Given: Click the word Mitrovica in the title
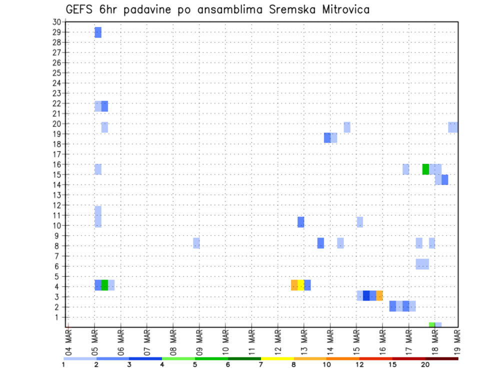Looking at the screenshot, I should [x=338, y=9].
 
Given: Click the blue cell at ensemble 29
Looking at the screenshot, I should [x=98, y=32].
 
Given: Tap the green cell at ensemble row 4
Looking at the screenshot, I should [x=104, y=285].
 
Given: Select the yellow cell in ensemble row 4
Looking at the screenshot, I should [x=300, y=285].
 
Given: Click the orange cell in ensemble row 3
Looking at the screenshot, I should [x=379, y=295].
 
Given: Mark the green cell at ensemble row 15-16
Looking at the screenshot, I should [x=425, y=169].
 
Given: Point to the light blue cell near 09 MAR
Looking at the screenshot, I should [x=196, y=243].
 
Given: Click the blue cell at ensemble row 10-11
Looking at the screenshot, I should [x=300, y=222].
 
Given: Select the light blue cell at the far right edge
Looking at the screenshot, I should [x=453, y=127].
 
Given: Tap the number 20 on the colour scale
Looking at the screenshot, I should [x=425, y=364].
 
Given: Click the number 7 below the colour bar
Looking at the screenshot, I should [x=261, y=364].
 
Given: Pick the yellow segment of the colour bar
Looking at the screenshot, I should [x=277, y=358].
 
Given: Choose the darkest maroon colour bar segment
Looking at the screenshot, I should [x=441, y=358].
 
